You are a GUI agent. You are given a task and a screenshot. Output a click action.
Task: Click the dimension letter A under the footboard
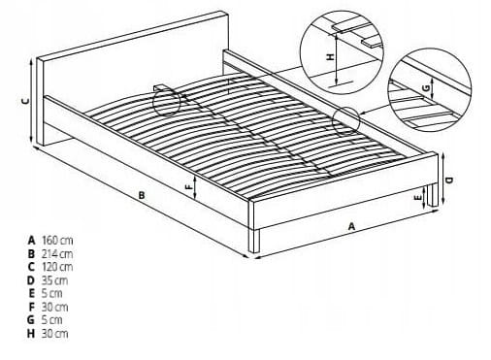(x=351, y=226)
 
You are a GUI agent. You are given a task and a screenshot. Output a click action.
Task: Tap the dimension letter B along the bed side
(x=142, y=195)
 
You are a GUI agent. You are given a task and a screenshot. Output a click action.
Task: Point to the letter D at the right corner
(x=449, y=180)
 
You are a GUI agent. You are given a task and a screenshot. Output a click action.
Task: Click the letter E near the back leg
(x=418, y=197)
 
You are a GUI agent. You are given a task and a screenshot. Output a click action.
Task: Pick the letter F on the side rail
(x=188, y=186)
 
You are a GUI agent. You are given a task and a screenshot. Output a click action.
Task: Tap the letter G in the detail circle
(x=426, y=87)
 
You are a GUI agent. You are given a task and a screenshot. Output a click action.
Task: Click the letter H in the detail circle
(x=330, y=57)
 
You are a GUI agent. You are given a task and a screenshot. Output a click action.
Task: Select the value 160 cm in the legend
(x=57, y=241)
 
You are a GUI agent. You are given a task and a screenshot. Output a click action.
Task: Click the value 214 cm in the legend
(x=57, y=253)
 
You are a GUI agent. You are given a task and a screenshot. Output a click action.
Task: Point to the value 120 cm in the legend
(x=57, y=267)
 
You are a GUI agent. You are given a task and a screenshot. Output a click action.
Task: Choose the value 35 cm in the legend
(x=54, y=280)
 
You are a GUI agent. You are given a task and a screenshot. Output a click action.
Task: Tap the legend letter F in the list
(x=32, y=307)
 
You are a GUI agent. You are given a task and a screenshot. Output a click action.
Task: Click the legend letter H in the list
(x=31, y=333)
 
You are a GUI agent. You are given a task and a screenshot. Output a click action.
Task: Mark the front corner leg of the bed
(x=254, y=241)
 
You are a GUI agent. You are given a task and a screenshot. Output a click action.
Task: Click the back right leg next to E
(x=432, y=195)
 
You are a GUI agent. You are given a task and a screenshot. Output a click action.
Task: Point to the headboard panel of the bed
(x=133, y=78)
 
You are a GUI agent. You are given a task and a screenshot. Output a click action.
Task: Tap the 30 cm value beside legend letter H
(x=54, y=333)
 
